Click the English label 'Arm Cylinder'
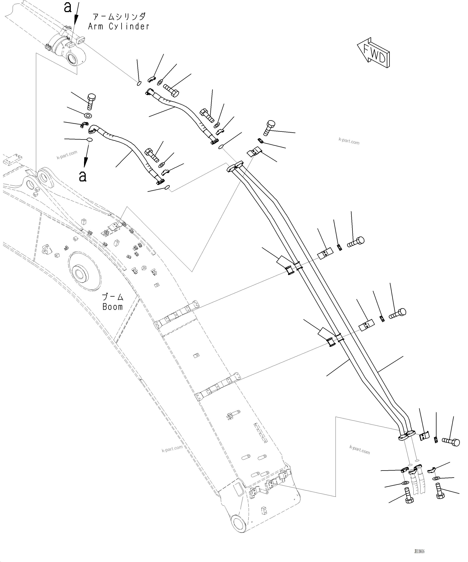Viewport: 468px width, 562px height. (x=119, y=26)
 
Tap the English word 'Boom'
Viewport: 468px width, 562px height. (x=113, y=307)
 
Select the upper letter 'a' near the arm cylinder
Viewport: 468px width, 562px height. (x=68, y=8)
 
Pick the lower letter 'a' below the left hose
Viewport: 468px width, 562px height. (x=83, y=176)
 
